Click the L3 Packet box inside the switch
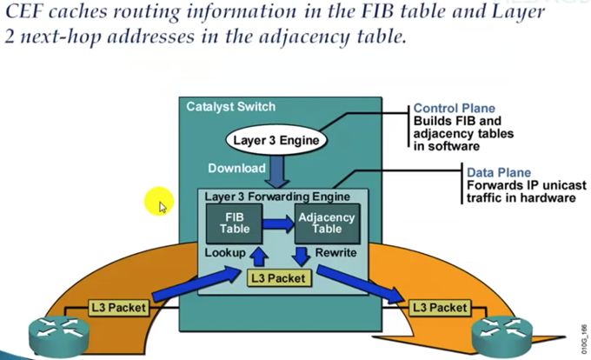coord(277,278)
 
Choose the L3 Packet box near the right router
coord(440,308)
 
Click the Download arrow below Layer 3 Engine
coord(277,171)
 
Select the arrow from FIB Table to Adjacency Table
coord(278,224)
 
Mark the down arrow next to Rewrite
coord(300,254)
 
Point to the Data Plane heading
coord(498,173)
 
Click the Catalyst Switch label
coord(230,107)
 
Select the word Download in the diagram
coord(236,168)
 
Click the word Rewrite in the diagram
coord(335,252)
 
